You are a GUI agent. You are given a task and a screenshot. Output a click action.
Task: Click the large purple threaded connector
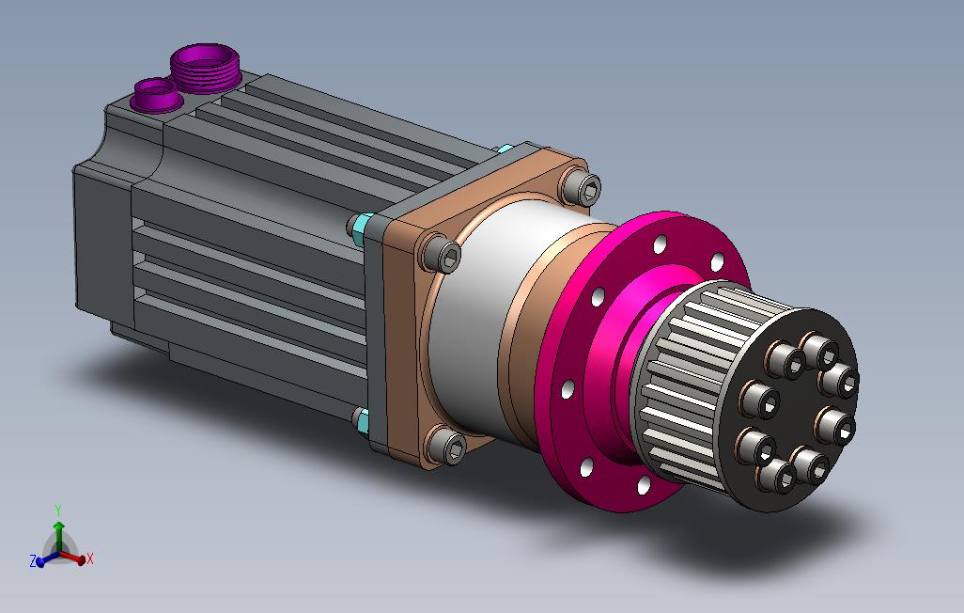click(205, 68)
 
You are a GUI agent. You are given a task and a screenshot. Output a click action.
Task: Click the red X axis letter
click(90, 558)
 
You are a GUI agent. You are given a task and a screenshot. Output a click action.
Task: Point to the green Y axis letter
click(58, 511)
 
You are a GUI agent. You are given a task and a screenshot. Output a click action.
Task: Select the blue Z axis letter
click(33, 560)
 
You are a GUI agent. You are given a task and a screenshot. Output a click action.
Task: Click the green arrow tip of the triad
click(58, 525)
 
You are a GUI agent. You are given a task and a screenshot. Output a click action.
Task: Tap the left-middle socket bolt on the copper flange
click(440, 254)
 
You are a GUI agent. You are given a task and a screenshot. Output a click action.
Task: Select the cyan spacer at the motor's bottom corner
click(362, 420)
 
